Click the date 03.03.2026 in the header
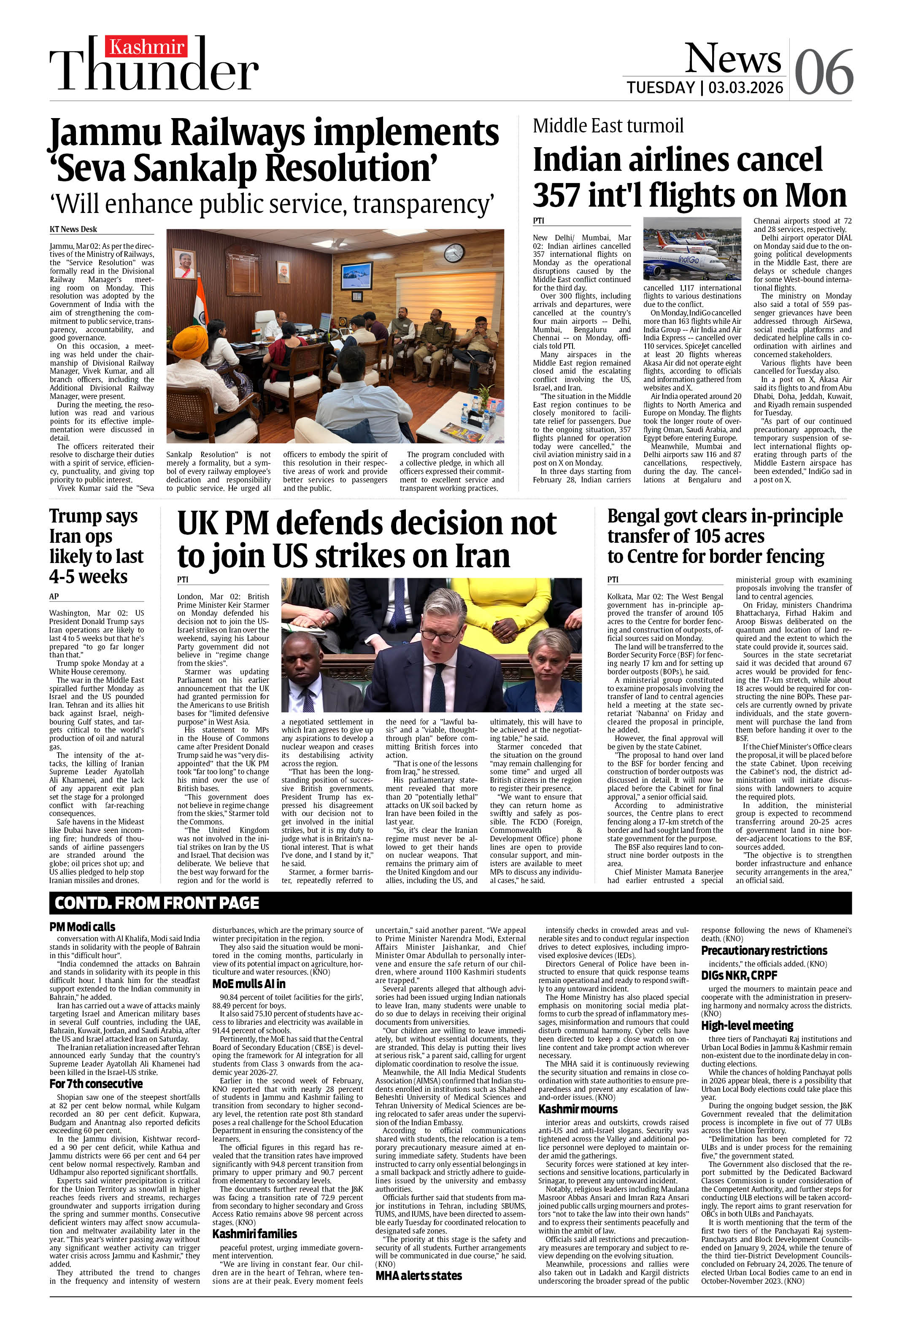coord(746,87)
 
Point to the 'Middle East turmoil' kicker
coord(608,126)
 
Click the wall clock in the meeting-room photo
coord(453,252)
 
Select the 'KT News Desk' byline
coord(73,229)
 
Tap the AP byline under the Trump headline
coord(54,596)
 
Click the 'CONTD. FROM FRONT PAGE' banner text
coord(157,903)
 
